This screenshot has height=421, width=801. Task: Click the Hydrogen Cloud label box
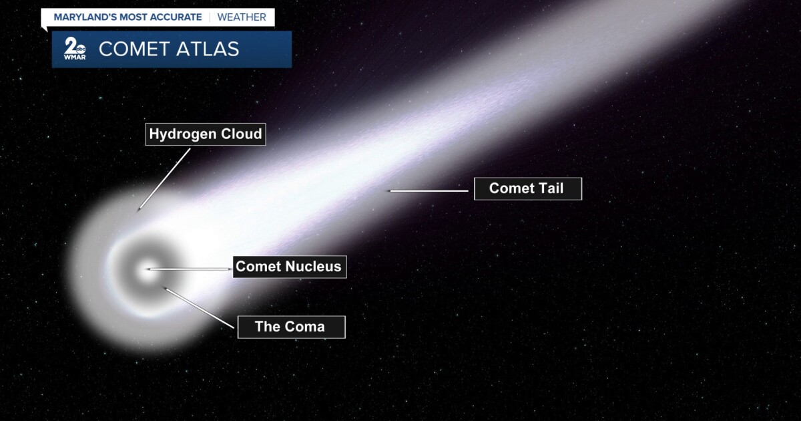206,134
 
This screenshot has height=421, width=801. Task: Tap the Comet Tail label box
527,188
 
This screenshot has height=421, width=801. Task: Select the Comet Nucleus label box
289,267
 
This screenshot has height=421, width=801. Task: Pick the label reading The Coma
291,327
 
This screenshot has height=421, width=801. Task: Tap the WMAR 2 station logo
74,49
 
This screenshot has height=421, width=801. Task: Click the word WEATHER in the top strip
241,17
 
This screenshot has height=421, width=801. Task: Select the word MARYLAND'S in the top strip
85,17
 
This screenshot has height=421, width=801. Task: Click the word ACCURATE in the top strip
175,17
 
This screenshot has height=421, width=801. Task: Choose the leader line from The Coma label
200,308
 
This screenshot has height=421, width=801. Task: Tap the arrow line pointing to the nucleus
190,269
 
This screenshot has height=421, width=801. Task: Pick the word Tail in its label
551,188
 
